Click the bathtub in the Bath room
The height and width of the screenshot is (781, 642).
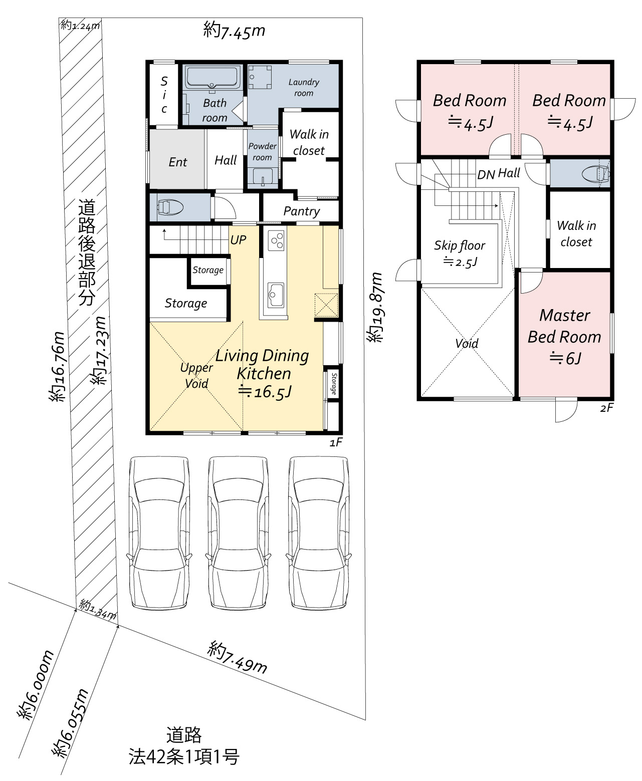point(212,77)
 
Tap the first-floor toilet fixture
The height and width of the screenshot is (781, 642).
point(170,208)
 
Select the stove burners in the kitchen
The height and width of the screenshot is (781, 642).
point(276,240)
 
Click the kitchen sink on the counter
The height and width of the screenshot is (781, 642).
point(275,295)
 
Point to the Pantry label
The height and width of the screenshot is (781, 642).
point(302,211)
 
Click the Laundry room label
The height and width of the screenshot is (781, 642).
point(304,87)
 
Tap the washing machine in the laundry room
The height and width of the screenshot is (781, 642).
point(259,77)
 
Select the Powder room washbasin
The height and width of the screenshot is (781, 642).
point(263,176)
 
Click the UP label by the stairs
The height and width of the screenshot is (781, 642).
point(238,240)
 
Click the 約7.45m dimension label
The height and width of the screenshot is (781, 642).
point(234,30)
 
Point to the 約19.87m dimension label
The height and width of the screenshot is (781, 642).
point(374,308)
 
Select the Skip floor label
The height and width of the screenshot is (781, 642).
point(460,245)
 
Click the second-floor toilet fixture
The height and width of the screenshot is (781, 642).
point(596,173)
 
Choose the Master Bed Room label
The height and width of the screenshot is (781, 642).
point(564,326)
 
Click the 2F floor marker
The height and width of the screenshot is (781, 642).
point(606,408)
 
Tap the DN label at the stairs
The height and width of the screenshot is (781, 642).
point(486,174)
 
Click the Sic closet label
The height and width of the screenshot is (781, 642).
point(164,95)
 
